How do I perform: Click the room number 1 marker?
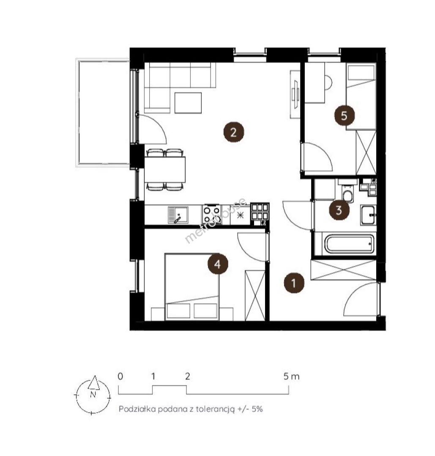pyautogui.click(x=294, y=283)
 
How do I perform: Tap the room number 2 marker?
pyautogui.click(x=233, y=132)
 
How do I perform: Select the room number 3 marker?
pyautogui.click(x=339, y=210)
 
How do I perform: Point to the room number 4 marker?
pyautogui.click(x=218, y=264)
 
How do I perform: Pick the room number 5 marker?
pyautogui.click(x=344, y=115)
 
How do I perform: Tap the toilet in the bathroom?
pyautogui.click(x=347, y=193)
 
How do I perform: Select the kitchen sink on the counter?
pyautogui.click(x=178, y=215)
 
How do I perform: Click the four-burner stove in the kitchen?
pyautogui.click(x=211, y=214)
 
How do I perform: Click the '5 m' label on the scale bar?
pyautogui.click(x=291, y=377)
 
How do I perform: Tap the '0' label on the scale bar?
pyautogui.click(x=120, y=376)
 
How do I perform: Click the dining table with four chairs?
pyautogui.click(x=165, y=170)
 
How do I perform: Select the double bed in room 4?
pyautogui.click(x=192, y=287)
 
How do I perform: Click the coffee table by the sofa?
pyautogui.click(x=188, y=103)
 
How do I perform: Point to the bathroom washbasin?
pyautogui.click(x=368, y=215)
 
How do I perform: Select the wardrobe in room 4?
pyautogui.click(x=255, y=296)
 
